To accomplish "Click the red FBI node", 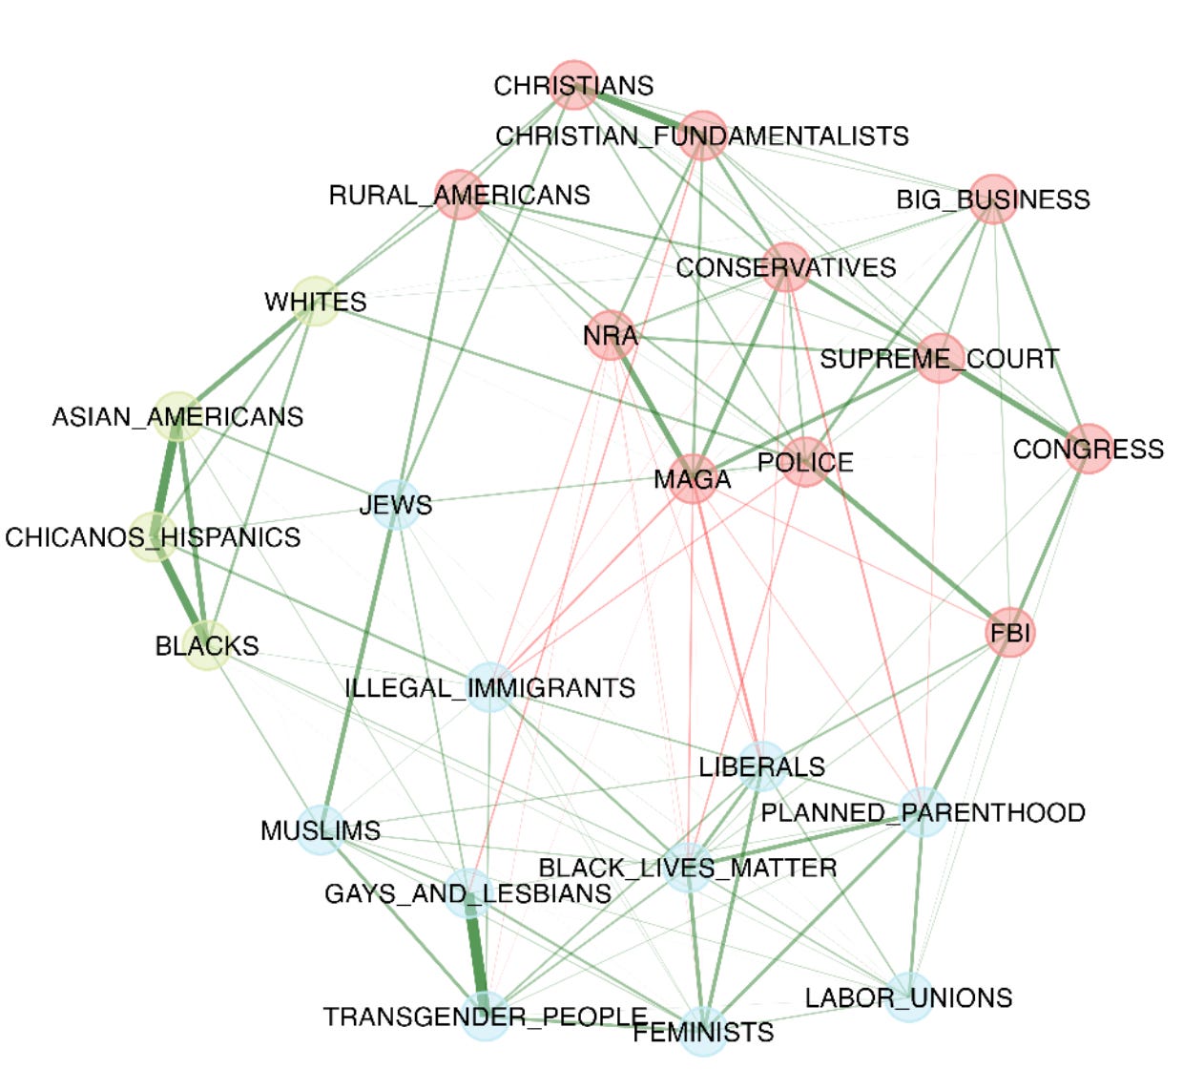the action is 1009,632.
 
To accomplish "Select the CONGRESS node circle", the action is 1088,448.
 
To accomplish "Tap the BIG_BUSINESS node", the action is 993,199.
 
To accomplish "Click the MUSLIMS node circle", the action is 321,829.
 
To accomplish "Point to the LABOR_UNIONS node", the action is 908,997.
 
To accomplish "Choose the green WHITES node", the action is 314,302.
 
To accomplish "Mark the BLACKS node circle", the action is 206,645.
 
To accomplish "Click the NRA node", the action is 611,335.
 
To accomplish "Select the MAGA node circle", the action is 693,478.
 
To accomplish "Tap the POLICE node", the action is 805,462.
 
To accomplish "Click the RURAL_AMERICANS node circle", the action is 459,195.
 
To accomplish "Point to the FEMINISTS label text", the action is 703,1033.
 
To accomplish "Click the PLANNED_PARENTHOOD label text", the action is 923,812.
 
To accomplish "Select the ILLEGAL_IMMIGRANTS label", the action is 489,688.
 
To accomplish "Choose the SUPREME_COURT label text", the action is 939,359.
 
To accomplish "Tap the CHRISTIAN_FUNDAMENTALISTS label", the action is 701,136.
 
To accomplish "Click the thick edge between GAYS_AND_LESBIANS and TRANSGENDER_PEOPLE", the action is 476,954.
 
